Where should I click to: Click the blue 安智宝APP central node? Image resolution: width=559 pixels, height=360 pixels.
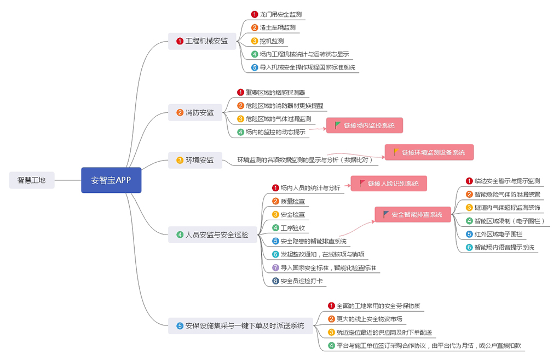coord(111,180)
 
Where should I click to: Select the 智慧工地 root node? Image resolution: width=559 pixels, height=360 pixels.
coord(32,180)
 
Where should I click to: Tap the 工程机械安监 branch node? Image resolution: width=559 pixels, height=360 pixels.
coord(201,41)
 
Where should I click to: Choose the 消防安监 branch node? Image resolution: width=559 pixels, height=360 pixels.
coord(195,113)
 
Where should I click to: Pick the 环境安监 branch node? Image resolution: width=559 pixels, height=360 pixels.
coord(195,160)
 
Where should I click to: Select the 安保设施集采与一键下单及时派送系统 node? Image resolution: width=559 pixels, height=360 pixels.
coord(240,325)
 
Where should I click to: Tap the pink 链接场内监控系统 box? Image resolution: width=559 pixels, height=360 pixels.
coord(365,125)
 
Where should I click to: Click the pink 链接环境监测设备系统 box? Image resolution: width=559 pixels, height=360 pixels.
coord(429,152)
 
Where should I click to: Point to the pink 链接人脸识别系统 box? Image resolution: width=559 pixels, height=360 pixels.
coord(389,184)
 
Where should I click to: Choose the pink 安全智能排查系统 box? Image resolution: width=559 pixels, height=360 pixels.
coord(412,214)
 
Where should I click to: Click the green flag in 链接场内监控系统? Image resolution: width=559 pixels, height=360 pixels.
coord(338,125)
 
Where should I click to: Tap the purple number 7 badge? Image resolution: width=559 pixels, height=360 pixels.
coord(275,268)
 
